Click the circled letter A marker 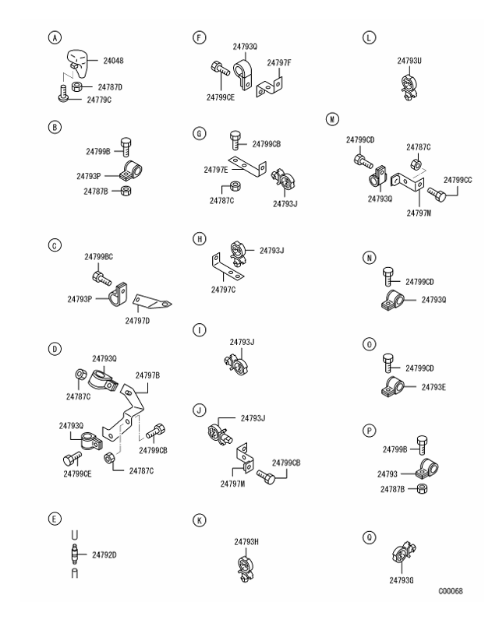coord(54,37)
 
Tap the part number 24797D coord(140,319)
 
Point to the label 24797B coord(148,375)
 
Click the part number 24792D coord(104,555)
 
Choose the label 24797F coord(280,62)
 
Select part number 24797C coord(224,290)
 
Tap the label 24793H coord(246,541)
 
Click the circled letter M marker coord(334,119)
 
